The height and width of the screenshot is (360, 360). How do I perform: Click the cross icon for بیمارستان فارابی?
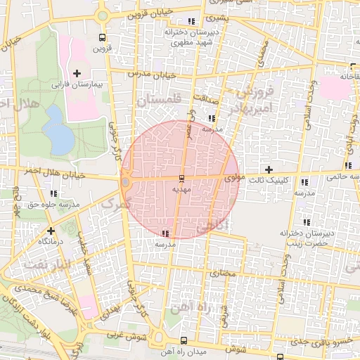pos(77,73)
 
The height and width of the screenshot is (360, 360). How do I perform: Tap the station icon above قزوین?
pos(103,37)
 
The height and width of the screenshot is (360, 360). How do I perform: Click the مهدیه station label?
pos(181,189)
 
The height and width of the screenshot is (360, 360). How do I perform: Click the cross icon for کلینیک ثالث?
pos(268,169)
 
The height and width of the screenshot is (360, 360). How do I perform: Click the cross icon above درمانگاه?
pos(50,230)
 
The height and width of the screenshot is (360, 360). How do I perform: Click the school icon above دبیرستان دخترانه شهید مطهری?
pos(193,21)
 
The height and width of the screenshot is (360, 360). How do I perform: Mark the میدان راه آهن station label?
pos(163,350)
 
